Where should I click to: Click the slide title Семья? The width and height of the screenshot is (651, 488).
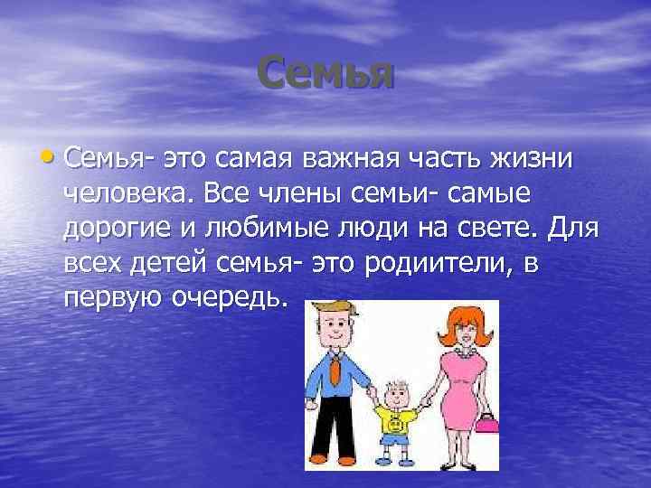(x=325, y=71)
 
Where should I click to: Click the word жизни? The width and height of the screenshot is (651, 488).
(x=542, y=159)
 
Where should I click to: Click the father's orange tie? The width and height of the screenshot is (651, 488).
(x=336, y=370)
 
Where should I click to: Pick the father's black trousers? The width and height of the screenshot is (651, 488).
(x=336, y=435)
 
